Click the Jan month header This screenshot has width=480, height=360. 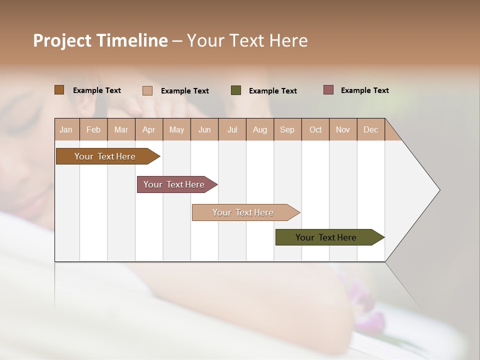click(66, 129)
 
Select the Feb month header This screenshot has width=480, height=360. click(93, 129)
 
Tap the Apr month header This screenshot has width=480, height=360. click(149, 129)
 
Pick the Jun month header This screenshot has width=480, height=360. click(204, 129)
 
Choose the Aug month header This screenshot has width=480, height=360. click(260, 129)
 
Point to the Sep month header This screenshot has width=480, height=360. click(287, 129)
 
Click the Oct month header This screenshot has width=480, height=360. click(315, 129)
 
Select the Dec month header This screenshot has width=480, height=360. click(371, 129)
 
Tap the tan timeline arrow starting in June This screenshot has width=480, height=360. click(244, 212)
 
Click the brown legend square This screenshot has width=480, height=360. click(59, 90)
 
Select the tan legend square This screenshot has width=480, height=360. click(147, 90)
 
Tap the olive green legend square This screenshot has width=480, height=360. click(236, 90)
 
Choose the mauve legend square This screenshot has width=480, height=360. click(328, 90)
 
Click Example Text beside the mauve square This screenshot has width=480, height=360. click(364, 90)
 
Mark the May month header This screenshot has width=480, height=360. click(176, 129)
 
